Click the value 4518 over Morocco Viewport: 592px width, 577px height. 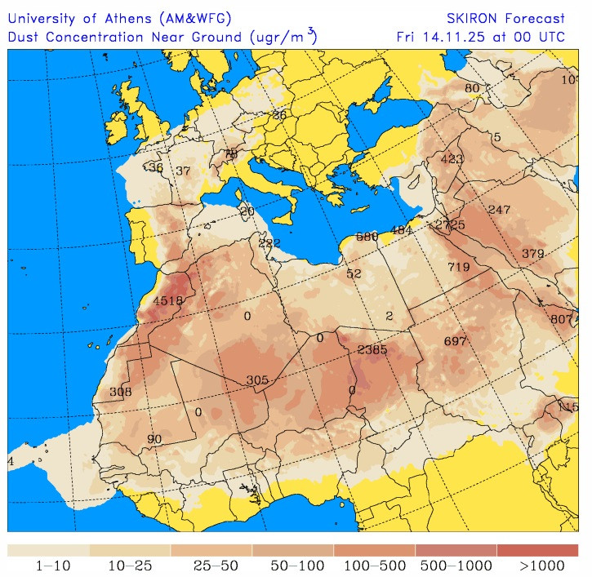pyautogui.click(x=168, y=300)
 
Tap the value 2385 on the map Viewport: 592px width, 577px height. pyautogui.click(x=372, y=349)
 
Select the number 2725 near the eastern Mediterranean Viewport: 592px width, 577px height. pyautogui.click(x=450, y=224)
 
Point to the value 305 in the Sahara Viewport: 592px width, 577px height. pyautogui.click(x=257, y=380)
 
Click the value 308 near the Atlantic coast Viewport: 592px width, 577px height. pyautogui.click(x=120, y=392)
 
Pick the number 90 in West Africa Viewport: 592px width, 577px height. pyautogui.click(x=154, y=439)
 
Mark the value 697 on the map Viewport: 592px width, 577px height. pyautogui.click(x=455, y=340)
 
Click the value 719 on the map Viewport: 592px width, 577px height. pyautogui.click(x=459, y=267)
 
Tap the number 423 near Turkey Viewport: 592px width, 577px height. pyautogui.click(x=452, y=159)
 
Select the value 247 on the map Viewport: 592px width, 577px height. pyautogui.click(x=499, y=210)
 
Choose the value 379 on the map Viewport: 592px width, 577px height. pyautogui.click(x=532, y=254)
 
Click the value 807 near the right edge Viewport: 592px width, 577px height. pyautogui.click(x=562, y=319)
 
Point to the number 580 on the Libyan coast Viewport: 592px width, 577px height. pyautogui.click(x=367, y=237)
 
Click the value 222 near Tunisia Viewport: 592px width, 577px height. pyautogui.click(x=269, y=243)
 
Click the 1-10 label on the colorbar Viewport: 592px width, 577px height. pyautogui.click(x=48, y=565)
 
